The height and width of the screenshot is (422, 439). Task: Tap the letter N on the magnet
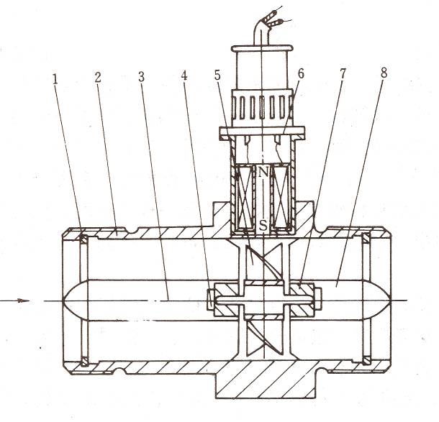[264, 173]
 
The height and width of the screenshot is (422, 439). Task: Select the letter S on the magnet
[263, 224]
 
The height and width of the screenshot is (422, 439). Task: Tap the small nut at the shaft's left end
[211, 300]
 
